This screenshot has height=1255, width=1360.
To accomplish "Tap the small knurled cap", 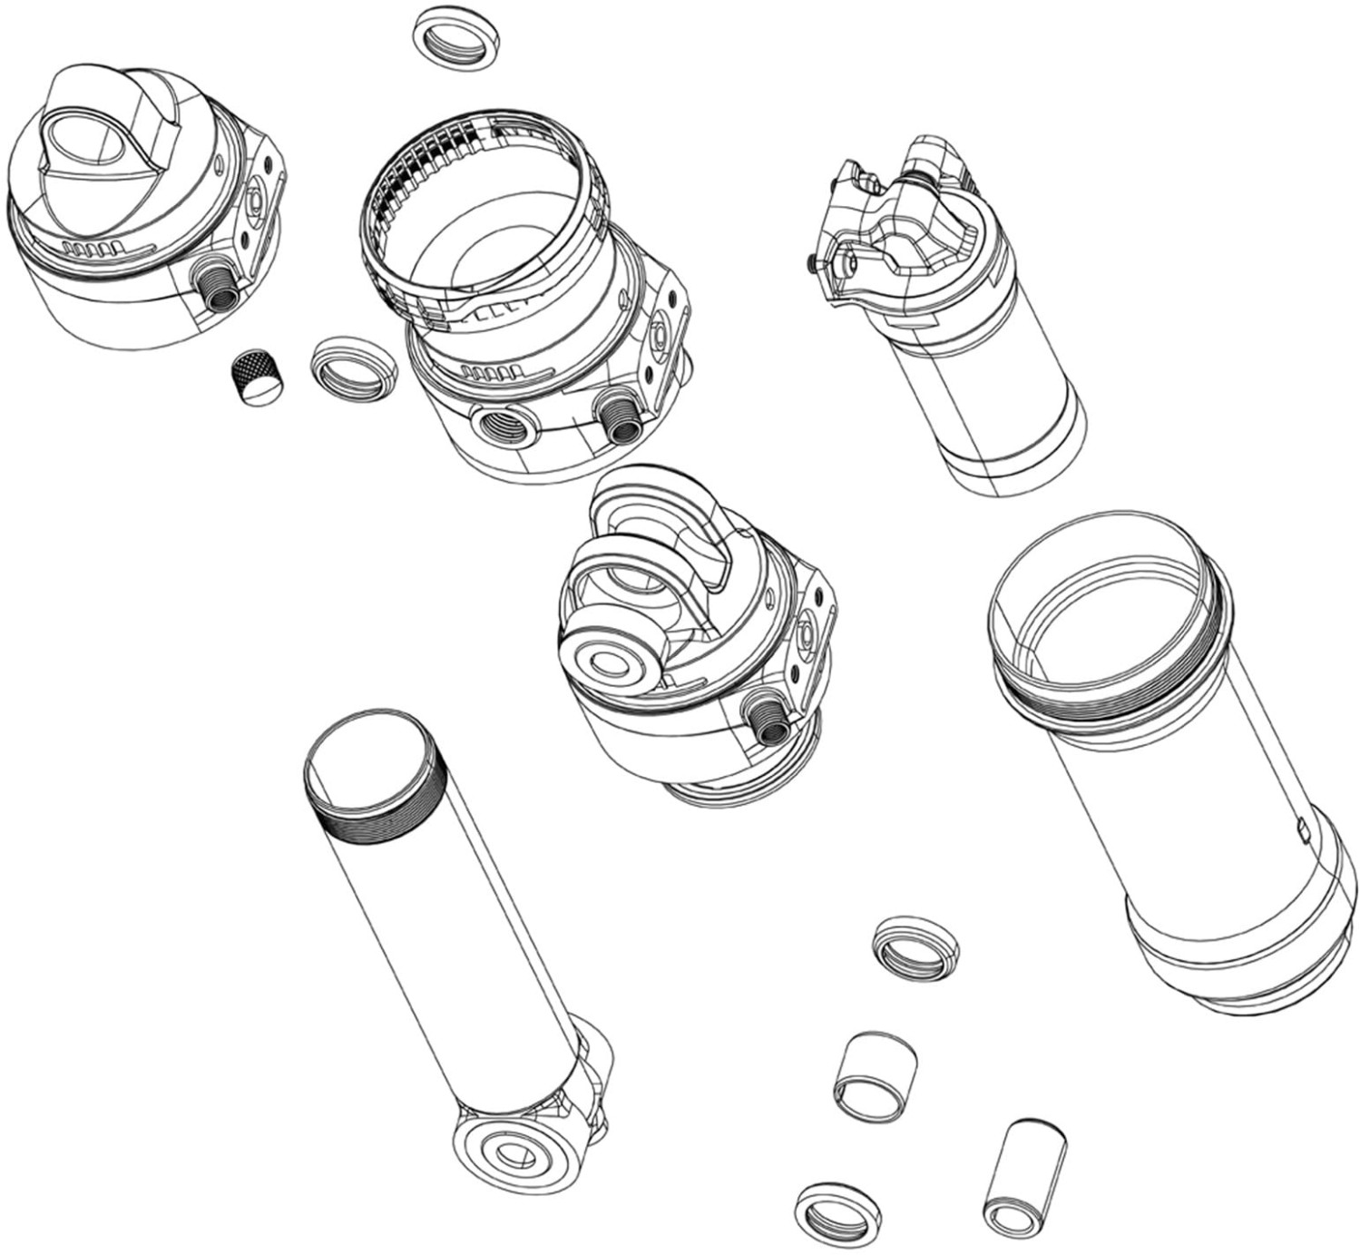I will point(253,377).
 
